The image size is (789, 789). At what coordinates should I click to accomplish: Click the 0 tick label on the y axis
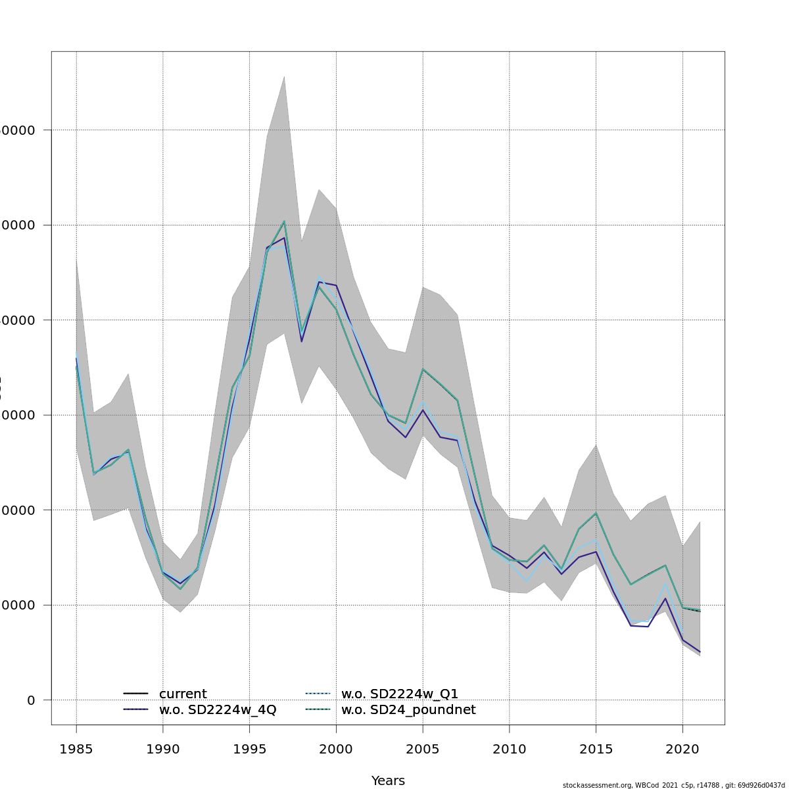(31, 700)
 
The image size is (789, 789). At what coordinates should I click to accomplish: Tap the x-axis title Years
(388, 780)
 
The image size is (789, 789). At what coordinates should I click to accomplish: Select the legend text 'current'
(183, 694)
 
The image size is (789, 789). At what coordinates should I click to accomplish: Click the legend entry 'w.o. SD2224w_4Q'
(218, 710)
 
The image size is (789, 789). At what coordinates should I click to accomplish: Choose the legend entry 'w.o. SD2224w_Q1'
(400, 694)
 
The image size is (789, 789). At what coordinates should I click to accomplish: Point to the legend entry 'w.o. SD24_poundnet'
(408, 710)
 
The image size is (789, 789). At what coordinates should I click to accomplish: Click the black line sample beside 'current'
(135, 694)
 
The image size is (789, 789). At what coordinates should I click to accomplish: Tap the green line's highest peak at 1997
(284, 221)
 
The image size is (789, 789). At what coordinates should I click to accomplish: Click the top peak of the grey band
(284, 76)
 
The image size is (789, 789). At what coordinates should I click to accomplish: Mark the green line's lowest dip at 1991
(180, 588)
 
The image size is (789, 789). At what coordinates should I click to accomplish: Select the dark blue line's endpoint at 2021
(700, 652)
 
